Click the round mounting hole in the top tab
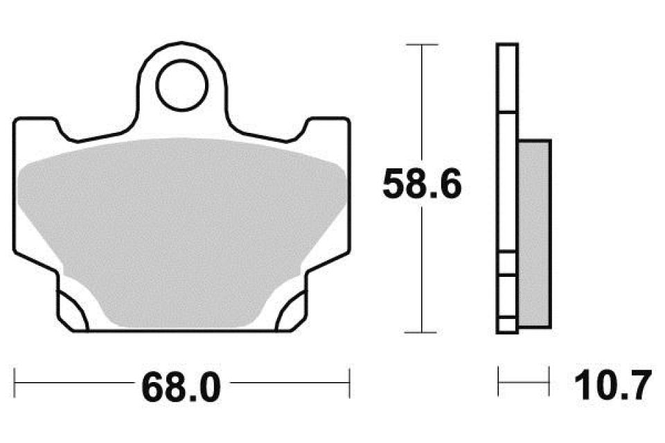click(181, 87)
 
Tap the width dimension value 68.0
click(181, 387)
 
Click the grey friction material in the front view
click(181, 228)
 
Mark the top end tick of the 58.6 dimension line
click(422, 45)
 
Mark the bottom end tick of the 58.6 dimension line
click(422, 333)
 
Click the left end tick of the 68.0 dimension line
click(15, 379)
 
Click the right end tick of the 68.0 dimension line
click(350, 379)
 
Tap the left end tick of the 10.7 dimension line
click(499, 379)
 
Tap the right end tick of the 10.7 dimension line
click(549, 379)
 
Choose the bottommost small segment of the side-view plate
click(507, 325)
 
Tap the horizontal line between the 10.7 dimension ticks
click(524, 379)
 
